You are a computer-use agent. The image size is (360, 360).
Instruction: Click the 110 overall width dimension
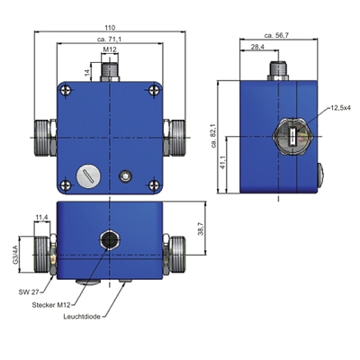[110, 28]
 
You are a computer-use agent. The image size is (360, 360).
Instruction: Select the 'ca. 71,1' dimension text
[110, 40]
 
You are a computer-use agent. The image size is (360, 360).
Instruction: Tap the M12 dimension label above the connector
[110, 49]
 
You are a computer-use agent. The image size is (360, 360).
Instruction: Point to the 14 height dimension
[87, 72]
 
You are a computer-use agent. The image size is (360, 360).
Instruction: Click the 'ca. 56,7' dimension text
[276, 35]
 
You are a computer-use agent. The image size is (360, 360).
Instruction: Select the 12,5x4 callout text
[340, 107]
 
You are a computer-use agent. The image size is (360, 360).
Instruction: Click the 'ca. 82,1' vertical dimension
[214, 135]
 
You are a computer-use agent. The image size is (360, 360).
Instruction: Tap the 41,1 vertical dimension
[222, 162]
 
